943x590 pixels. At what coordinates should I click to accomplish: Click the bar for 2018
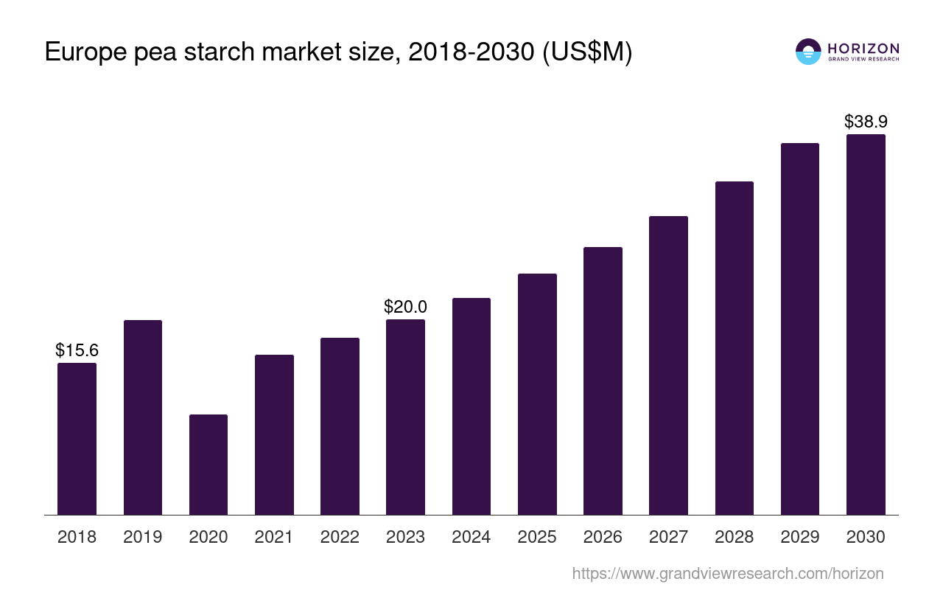point(77,439)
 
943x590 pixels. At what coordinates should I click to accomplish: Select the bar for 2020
point(208,465)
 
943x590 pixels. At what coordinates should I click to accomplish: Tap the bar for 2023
point(405,417)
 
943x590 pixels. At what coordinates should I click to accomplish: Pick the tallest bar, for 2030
point(866,324)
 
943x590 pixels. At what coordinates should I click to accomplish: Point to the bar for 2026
point(603,381)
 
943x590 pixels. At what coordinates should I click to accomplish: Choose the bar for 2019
point(143,417)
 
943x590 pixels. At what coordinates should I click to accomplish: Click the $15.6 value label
point(77,350)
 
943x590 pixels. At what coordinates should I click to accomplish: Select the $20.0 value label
point(405,307)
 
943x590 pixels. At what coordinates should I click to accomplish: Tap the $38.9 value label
point(866,122)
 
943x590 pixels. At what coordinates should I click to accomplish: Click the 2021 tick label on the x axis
point(274,537)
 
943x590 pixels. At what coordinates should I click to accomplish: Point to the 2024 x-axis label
point(471,537)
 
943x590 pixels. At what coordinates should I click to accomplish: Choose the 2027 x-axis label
point(668,537)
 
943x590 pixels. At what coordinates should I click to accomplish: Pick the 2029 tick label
point(800,537)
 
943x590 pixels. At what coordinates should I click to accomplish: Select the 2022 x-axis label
point(340,537)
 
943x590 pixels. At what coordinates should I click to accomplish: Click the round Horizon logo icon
point(808,52)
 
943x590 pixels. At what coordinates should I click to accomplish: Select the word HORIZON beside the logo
point(863,48)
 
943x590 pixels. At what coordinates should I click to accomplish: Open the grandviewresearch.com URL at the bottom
point(727,573)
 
